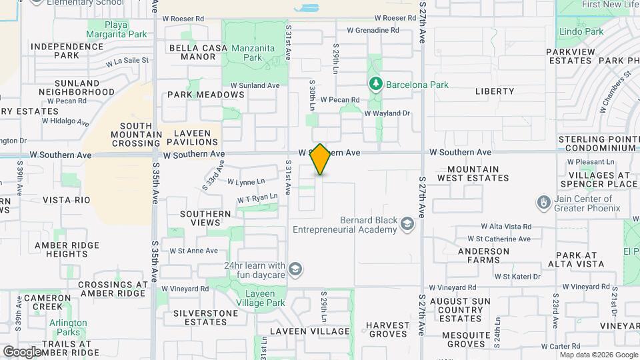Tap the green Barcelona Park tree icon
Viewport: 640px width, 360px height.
coord(375,84)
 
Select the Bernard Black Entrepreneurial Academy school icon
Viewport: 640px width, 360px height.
coord(406,225)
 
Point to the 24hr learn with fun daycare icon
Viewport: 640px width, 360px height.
coord(295,269)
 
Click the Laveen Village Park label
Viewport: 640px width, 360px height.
coord(256,298)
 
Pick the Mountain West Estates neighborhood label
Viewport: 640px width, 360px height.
coord(473,174)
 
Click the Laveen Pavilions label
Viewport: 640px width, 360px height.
coord(193,137)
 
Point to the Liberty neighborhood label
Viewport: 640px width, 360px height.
coord(495,91)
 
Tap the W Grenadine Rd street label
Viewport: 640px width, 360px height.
coord(363,31)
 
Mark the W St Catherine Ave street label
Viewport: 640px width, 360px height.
coord(499,239)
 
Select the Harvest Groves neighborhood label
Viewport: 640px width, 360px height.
coord(387,330)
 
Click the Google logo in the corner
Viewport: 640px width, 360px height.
coord(23,351)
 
